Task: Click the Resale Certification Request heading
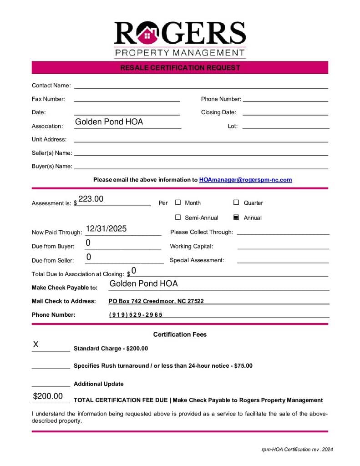tap(180, 68)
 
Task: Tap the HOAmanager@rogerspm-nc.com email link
tap(245, 180)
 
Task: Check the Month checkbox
tap(178, 203)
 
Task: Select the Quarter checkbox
tap(236, 203)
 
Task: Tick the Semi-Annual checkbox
tap(178, 218)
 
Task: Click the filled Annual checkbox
tap(236, 218)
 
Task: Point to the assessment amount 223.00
tap(91, 199)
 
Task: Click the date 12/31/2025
tap(106, 228)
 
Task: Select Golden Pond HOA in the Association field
tap(109, 122)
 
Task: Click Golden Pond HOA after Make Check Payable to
tap(143, 284)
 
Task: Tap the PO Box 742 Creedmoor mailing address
tap(156, 301)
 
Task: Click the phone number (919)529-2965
tap(136, 315)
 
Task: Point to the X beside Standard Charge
tap(35, 344)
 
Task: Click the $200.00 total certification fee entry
tap(48, 396)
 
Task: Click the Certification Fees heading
tap(180, 334)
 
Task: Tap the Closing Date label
tap(218, 112)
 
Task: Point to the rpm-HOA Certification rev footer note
tap(297, 450)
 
